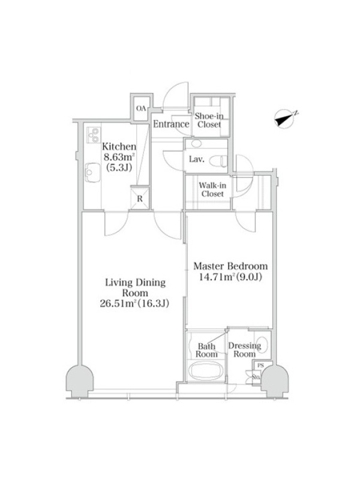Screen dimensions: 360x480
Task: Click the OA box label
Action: click(x=141, y=109)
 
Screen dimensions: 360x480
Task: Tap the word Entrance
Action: click(x=171, y=124)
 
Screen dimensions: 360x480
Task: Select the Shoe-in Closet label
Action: click(x=209, y=120)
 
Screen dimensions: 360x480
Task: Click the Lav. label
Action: click(x=196, y=159)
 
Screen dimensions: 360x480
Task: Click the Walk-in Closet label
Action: click(x=212, y=190)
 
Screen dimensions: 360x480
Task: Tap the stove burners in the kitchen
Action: click(x=94, y=135)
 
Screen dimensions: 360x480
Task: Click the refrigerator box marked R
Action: click(x=140, y=199)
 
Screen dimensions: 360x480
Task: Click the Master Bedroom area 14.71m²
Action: click(x=216, y=277)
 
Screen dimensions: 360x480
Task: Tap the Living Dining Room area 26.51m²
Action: click(x=118, y=304)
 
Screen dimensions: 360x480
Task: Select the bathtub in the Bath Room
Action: click(x=205, y=371)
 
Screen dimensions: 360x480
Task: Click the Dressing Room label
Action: click(x=245, y=350)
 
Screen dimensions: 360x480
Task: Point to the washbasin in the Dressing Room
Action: click(x=262, y=345)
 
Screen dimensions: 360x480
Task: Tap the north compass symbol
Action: click(x=286, y=118)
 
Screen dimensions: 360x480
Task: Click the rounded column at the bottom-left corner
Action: click(x=80, y=381)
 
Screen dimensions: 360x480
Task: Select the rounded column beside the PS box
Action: click(x=274, y=381)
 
